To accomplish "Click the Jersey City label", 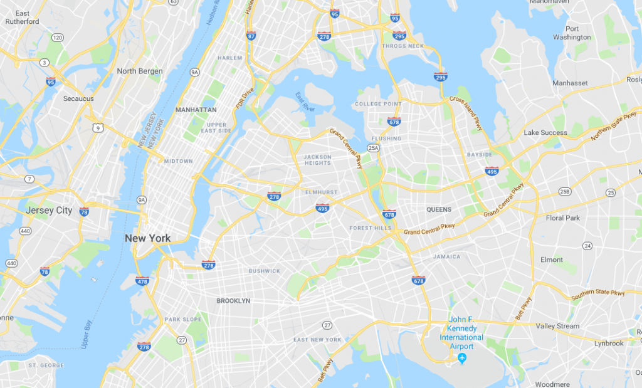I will click(48, 211).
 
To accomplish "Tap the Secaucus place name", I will click(78, 98).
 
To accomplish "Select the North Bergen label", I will click(140, 71).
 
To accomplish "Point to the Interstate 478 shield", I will click(142, 281).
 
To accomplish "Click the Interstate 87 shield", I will click(251, 36).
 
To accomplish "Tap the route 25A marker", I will click(374, 148).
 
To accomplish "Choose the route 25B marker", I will click(564, 191).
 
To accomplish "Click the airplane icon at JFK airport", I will click(462, 358).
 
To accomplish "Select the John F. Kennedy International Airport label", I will click(461, 333).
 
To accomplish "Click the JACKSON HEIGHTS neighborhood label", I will click(317, 160).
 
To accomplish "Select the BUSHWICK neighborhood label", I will click(264, 271).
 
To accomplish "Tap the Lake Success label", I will click(545, 133).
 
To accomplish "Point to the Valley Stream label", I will click(557, 326).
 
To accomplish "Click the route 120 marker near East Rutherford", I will click(58, 38).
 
